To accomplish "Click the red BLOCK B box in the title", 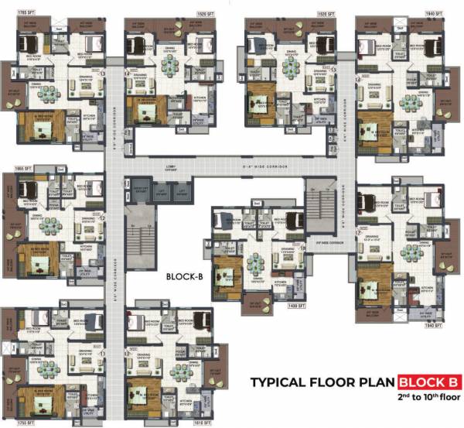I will [x=429, y=382].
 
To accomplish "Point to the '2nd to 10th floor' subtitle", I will [x=425, y=397].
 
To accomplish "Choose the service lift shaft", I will [x=141, y=190].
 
